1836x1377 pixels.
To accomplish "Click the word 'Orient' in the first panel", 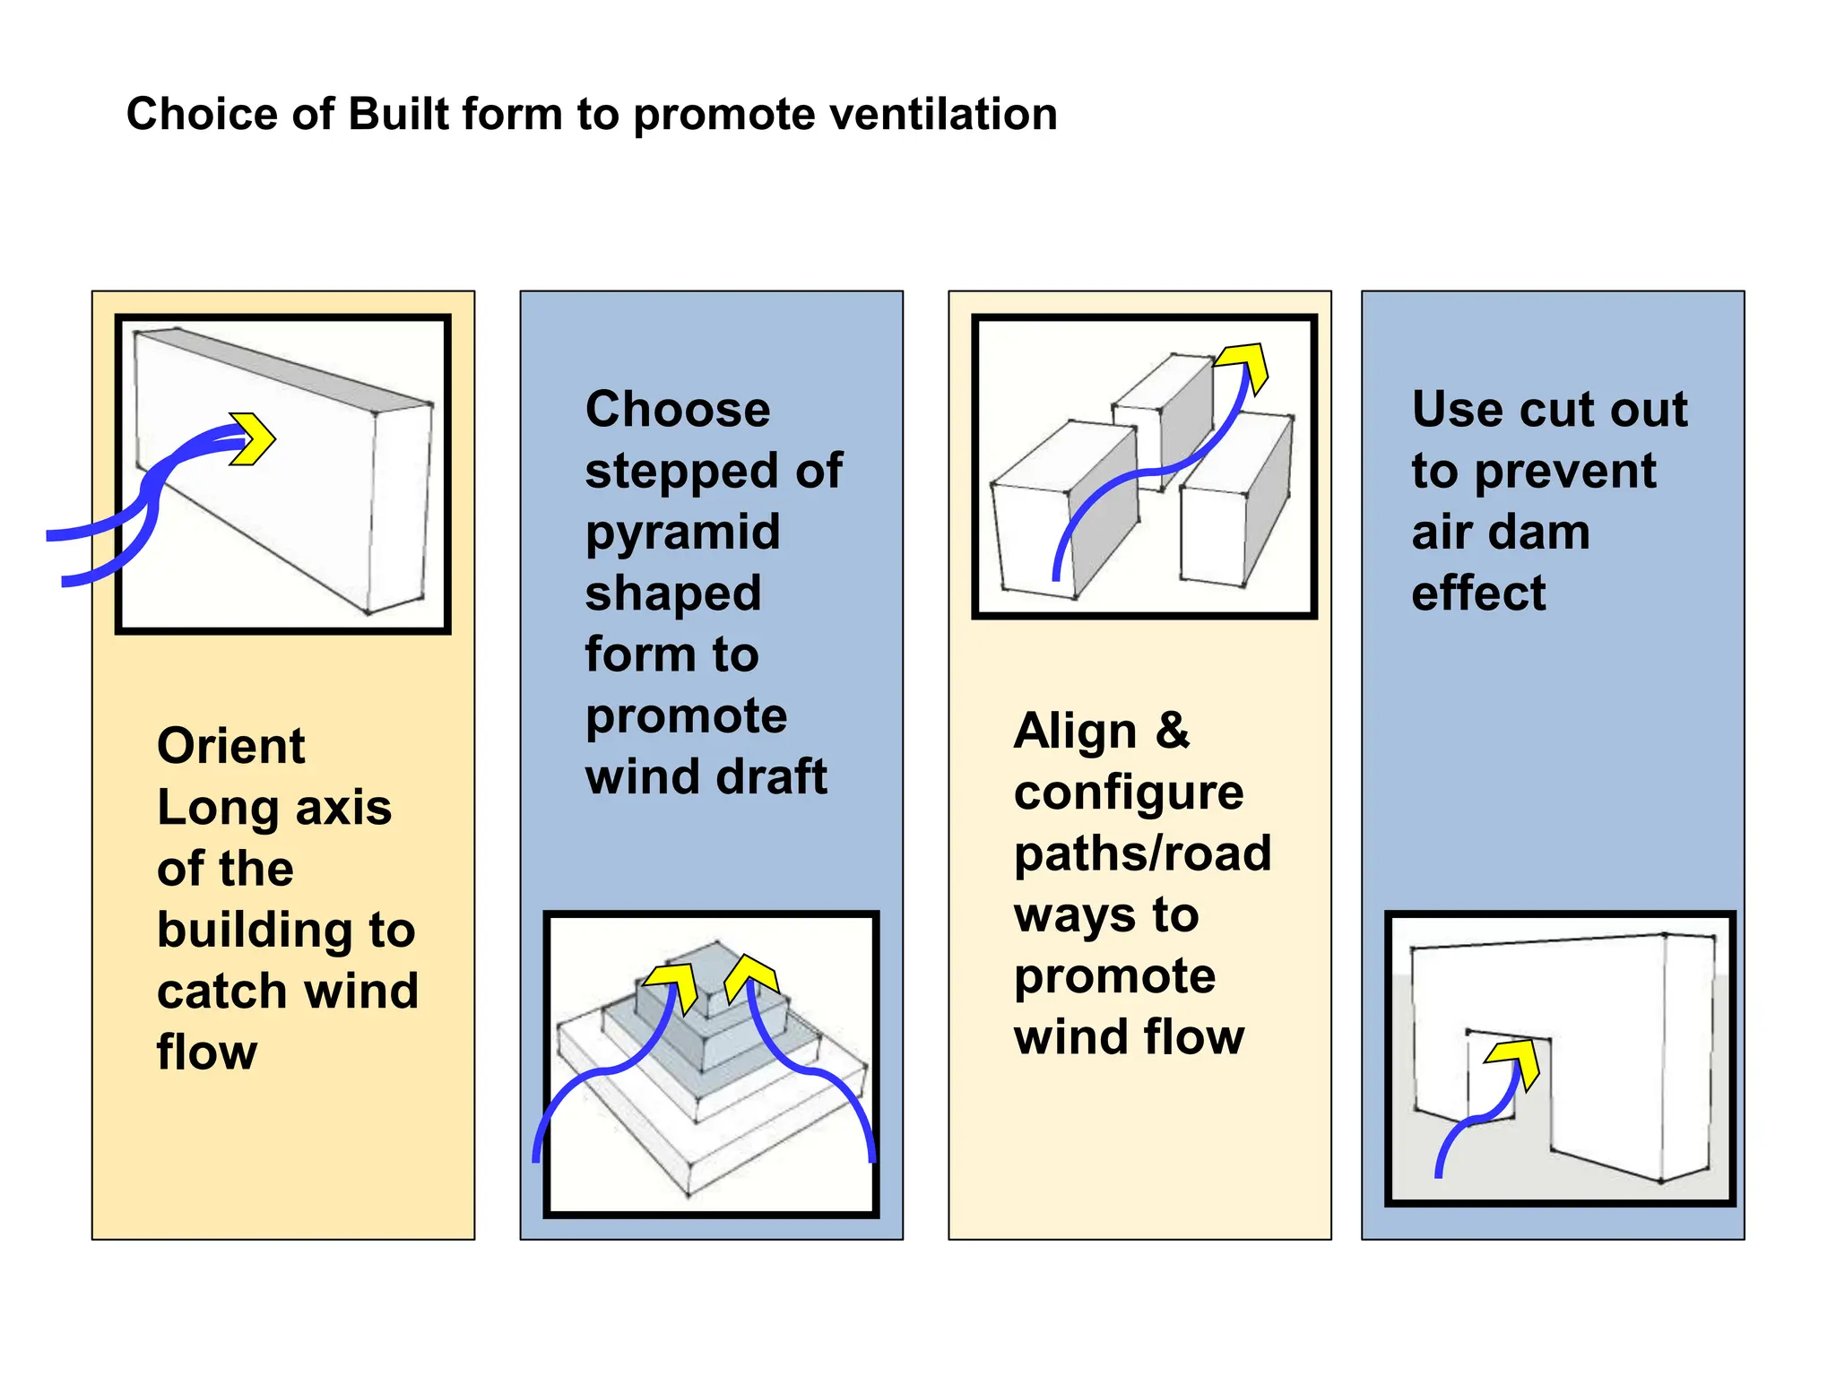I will click(231, 746).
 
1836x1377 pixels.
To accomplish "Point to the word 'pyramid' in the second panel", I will click(682, 533).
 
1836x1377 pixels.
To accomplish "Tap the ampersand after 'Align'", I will click(1173, 730).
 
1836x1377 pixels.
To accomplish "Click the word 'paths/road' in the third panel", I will click(1142, 853).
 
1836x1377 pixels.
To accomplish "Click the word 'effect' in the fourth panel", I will click(1478, 593).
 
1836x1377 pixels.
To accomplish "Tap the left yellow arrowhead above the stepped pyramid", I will click(674, 984).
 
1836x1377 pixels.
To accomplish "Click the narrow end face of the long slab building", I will click(400, 507).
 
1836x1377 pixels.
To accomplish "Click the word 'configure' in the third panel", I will click(1129, 792).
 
